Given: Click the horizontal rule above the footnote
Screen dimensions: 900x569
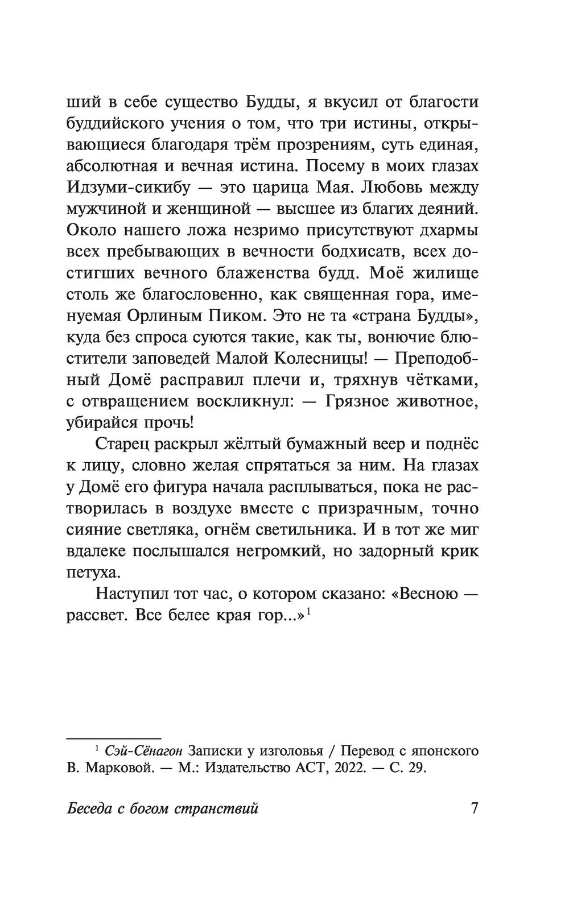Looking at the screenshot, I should click(114, 737).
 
